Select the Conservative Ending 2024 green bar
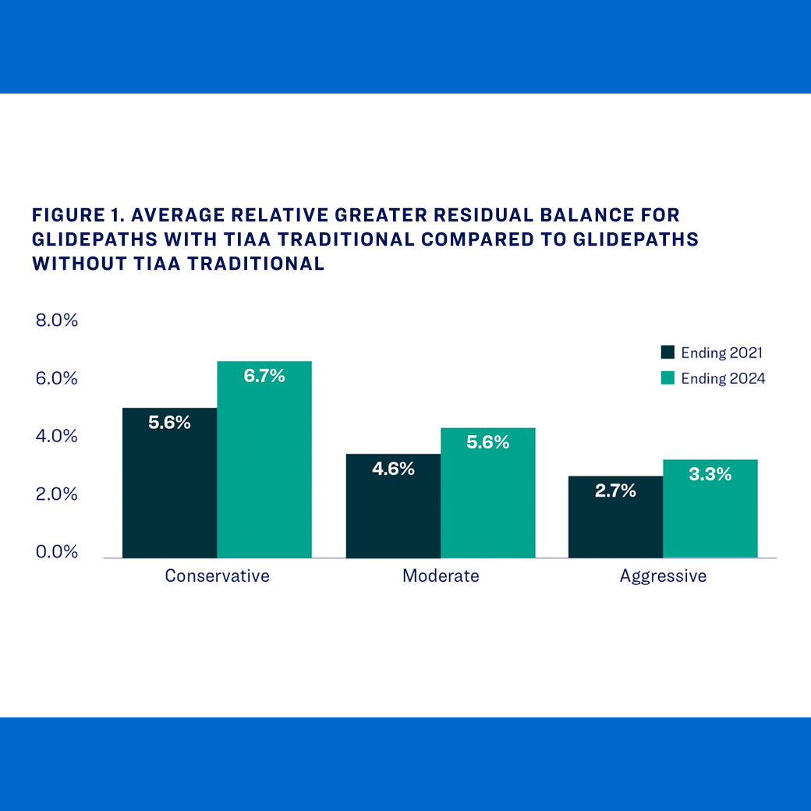pos(264,468)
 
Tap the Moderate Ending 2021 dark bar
pos(393,515)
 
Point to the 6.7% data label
pos(264,376)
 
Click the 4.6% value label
pos(393,469)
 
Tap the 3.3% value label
pos(710,473)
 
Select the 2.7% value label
pos(615,491)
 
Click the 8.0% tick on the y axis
pos(57,321)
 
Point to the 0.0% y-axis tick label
pos(57,552)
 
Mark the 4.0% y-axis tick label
pos(57,436)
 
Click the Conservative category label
pos(217,576)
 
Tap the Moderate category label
pos(441,576)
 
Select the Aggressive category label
pos(663,576)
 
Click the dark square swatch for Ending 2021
pos(668,352)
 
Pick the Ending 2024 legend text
pos(723,378)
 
